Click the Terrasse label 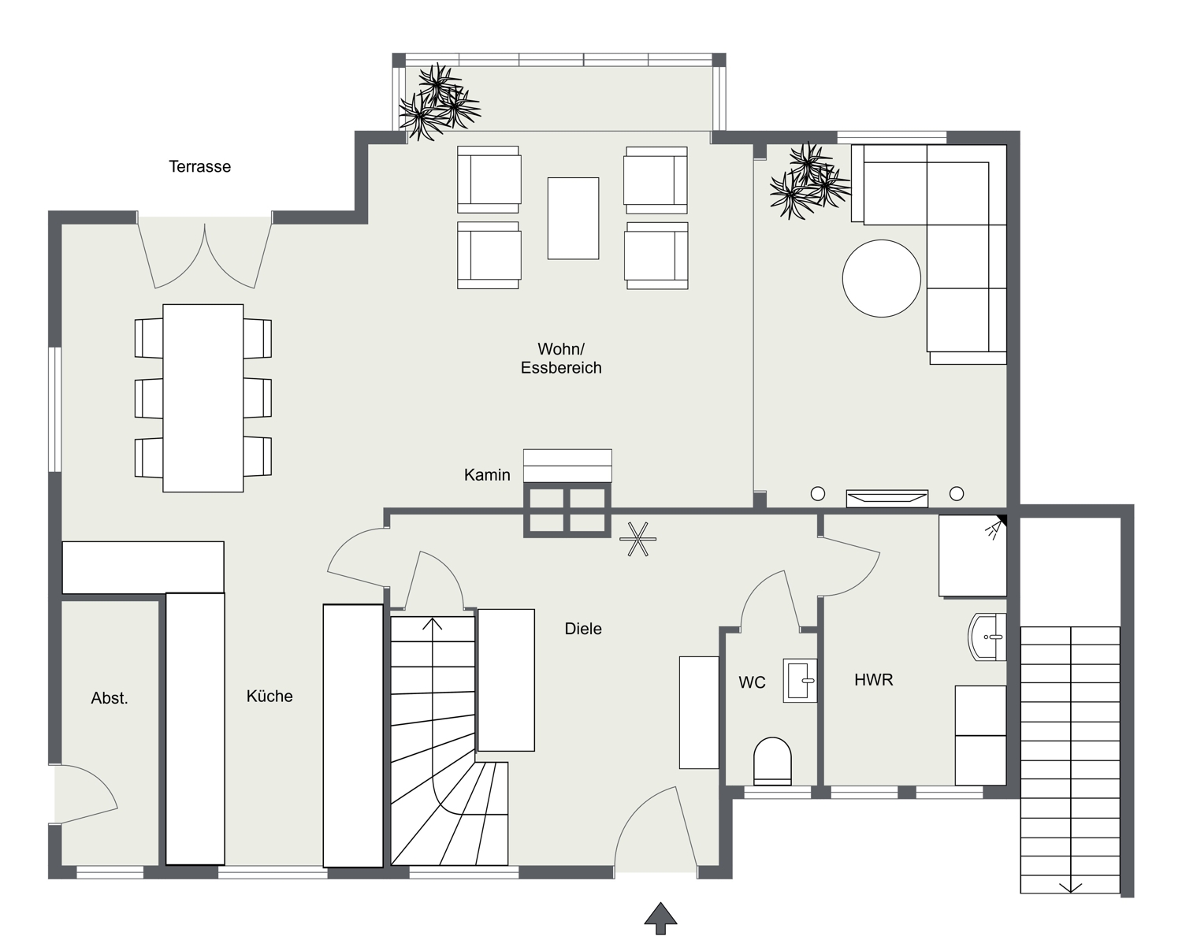click(x=199, y=166)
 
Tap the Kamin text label click(x=487, y=474)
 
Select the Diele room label click(x=583, y=629)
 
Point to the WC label click(x=752, y=682)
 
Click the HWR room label click(x=873, y=680)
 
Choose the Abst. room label click(x=110, y=698)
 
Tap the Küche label click(x=269, y=696)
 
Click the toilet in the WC click(x=772, y=761)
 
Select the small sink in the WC click(x=800, y=681)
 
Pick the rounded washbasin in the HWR click(x=987, y=637)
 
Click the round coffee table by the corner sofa click(x=881, y=279)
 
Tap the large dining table click(x=203, y=399)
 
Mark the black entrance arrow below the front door click(x=660, y=918)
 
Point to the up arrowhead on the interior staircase click(x=433, y=623)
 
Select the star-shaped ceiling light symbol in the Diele click(x=637, y=539)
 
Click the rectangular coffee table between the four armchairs click(x=573, y=218)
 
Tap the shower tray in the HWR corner click(x=972, y=555)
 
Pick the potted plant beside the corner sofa click(x=809, y=181)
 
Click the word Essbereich click(x=561, y=368)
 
